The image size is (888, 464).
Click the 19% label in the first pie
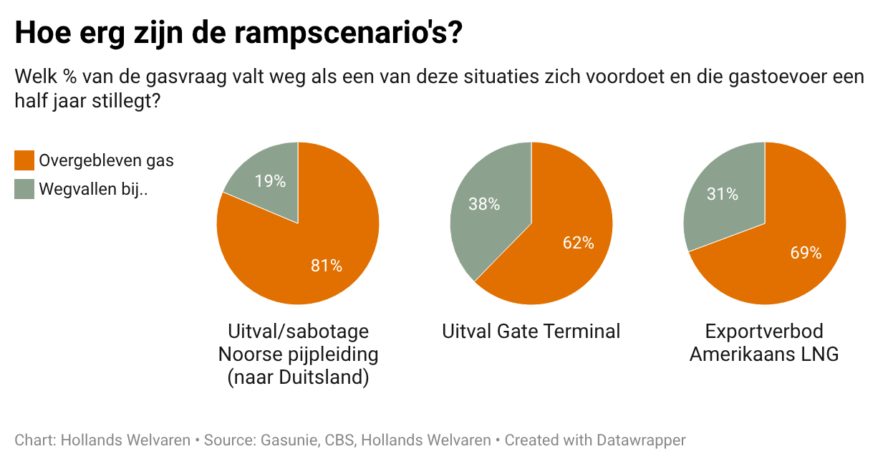[x=271, y=181]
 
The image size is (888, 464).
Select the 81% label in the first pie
[x=326, y=266]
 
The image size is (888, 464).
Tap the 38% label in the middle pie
[x=484, y=204]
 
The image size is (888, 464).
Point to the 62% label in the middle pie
[x=578, y=243]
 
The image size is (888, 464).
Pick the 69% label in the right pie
[x=806, y=253]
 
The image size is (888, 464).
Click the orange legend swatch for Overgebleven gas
[x=24, y=160]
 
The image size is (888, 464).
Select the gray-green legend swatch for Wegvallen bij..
[x=24, y=189]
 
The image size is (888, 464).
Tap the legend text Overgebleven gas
[x=106, y=160]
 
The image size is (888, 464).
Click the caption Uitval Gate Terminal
[x=531, y=332]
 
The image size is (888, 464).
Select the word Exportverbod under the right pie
[x=764, y=332]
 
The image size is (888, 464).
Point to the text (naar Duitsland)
[x=298, y=377]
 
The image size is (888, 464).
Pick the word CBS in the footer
[x=339, y=440]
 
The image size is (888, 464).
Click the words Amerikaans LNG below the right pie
[x=764, y=354]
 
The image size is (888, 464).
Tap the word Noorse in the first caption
[x=248, y=354]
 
